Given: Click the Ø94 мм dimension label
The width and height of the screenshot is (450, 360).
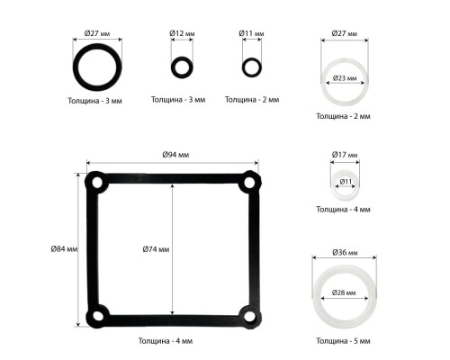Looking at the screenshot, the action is coord(175,155).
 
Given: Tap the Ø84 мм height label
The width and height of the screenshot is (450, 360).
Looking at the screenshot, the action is coord(64,248).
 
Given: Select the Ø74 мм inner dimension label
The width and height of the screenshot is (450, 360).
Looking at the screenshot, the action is coord(156,249).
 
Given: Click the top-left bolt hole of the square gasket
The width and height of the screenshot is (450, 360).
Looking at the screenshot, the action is coord(97,183).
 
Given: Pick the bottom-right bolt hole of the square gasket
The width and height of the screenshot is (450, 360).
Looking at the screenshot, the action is coord(249,316).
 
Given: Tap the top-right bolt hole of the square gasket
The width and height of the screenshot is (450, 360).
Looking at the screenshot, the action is coord(249,183).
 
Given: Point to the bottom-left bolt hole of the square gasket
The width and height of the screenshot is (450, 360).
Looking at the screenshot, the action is coord(97,316).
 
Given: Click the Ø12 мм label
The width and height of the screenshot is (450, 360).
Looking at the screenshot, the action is coord(182,33).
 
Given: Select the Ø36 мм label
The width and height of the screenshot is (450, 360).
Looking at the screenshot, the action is coord(345,253).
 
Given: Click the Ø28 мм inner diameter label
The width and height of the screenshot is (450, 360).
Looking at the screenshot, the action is coord(344,292).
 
